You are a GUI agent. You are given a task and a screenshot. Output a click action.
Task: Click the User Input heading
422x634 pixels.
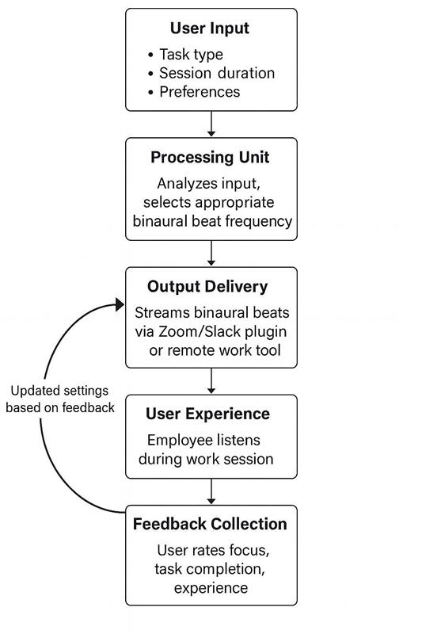click(210, 29)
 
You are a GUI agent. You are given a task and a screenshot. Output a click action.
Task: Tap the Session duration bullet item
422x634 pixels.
click(216, 73)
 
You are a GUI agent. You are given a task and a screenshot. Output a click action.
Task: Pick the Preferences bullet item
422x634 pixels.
click(199, 91)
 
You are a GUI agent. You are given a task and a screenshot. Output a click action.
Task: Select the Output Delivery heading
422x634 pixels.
click(207, 286)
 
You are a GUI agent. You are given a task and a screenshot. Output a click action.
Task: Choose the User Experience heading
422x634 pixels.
click(207, 414)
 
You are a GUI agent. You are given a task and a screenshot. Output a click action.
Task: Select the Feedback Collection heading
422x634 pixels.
click(210, 524)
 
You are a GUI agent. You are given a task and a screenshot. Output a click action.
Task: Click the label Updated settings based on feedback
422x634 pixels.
click(63, 399)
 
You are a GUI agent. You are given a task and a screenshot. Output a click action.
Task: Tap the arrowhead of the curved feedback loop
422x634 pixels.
click(120, 305)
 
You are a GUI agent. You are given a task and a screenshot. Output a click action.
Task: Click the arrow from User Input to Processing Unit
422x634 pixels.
click(211, 124)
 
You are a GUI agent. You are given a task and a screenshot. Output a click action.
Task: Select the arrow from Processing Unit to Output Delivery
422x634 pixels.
click(211, 253)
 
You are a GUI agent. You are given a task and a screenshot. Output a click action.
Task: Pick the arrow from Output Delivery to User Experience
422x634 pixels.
click(211, 381)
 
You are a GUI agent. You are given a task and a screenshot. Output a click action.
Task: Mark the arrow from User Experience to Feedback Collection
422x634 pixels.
click(211, 492)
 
